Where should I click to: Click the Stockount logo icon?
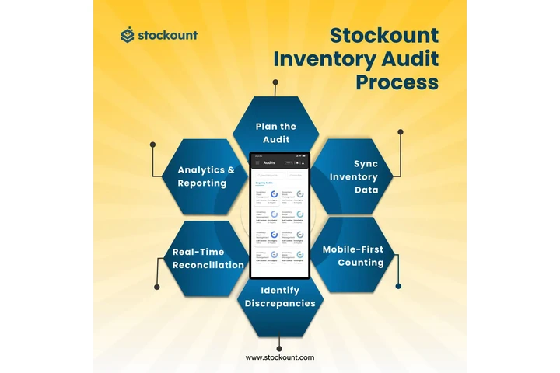128,35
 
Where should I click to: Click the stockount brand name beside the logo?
168,35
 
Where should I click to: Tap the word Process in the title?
397,82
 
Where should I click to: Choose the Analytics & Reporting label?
206,176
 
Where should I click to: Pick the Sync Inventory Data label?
355,177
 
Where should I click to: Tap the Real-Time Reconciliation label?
208,258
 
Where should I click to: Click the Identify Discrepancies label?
280,297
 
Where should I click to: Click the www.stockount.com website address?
280,357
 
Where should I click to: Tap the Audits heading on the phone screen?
269,162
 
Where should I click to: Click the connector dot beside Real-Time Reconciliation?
156,287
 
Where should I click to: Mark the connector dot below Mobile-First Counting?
398,286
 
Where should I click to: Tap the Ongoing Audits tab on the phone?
264,183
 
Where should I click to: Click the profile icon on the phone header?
303,162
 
